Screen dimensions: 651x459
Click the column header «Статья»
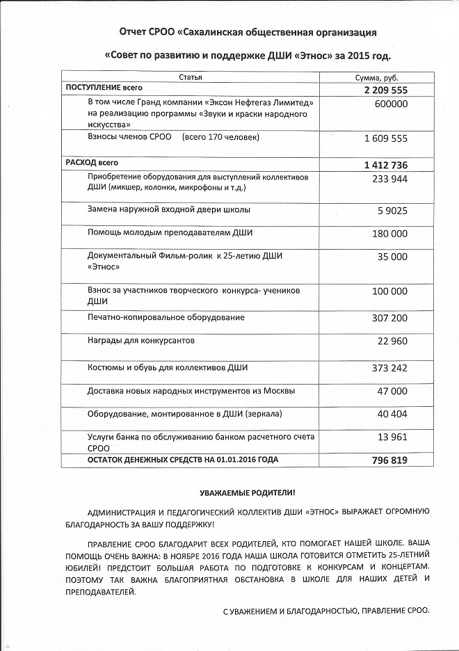tap(191, 77)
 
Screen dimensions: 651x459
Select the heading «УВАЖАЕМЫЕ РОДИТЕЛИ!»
tap(247, 491)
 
